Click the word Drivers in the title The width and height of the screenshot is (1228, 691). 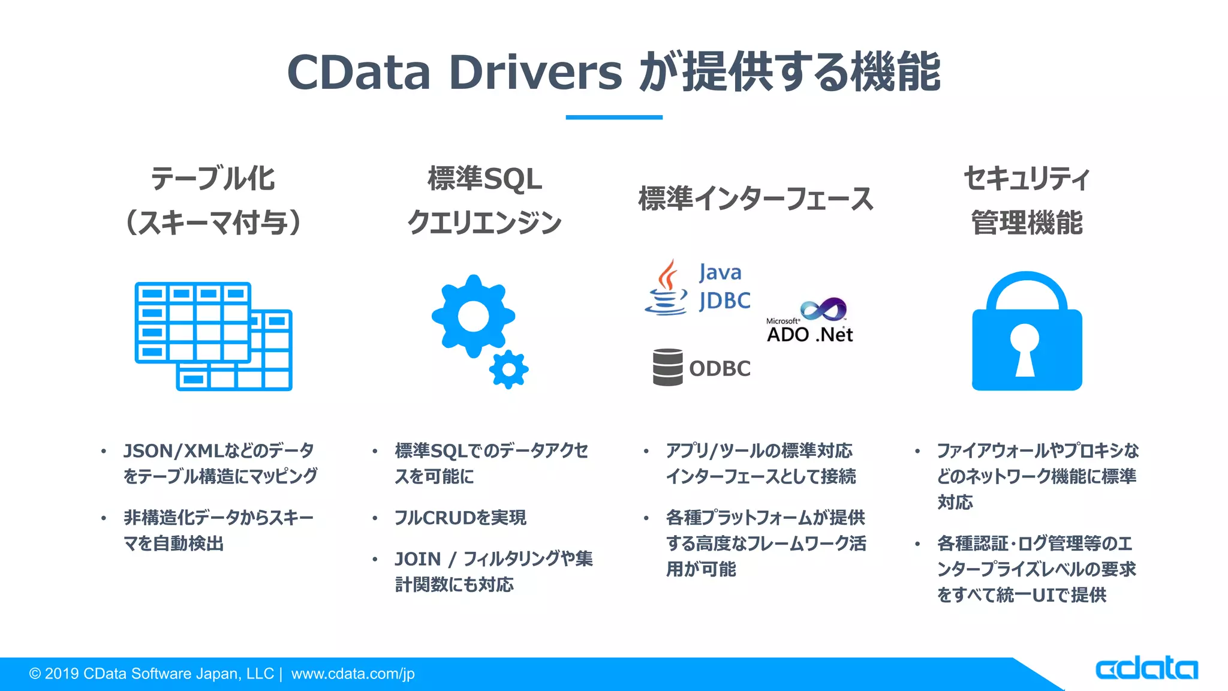[535, 72]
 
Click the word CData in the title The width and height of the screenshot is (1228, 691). [359, 72]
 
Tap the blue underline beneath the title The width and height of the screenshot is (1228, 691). [613, 117]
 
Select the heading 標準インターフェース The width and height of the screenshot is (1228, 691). [756, 199]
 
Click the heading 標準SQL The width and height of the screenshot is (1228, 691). [484, 179]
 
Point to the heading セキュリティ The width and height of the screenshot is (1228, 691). [1027, 178]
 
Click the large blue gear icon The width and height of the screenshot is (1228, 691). [473, 316]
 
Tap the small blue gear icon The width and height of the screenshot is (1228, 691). [508, 369]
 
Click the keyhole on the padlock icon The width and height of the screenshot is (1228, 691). [1025, 348]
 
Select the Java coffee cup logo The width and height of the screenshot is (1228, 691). [666, 289]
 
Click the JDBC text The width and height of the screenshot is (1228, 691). [724, 301]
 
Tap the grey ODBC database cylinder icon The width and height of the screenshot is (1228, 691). [667, 366]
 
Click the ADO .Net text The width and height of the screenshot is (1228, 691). [809, 335]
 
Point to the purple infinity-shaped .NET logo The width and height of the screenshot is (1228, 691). [824, 309]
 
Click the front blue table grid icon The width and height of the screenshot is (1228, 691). [192, 322]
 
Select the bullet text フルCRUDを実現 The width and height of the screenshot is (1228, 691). [460, 518]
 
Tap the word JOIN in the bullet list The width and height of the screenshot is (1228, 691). [417, 559]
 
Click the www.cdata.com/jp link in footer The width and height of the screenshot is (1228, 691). [353, 674]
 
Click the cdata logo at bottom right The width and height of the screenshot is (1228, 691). [1146, 668]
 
